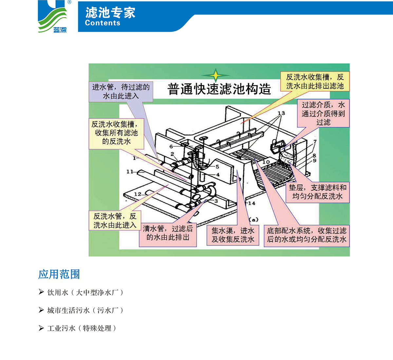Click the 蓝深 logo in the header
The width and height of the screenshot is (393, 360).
(x=53, y=17)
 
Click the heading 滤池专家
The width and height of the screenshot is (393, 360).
(x=110, y=12)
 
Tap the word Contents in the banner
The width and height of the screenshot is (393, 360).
(x=103, y=23)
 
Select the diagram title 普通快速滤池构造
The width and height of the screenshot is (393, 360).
(x=219, y=89)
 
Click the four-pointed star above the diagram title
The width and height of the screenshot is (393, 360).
(x=215, y=75)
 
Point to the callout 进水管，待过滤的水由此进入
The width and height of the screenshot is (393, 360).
(x=121, y=92)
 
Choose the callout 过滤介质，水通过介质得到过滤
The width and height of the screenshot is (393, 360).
(x=323, y=113)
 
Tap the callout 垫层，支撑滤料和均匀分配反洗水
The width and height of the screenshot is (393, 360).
(x=317, y=192)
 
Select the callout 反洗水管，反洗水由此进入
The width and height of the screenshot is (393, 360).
(x=115, y=221)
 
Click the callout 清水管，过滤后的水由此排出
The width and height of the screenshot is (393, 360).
(x=168, y=233)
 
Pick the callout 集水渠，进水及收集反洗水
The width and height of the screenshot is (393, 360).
(x=233, y=235)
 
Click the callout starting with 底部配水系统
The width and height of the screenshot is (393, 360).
(x=307, y=235)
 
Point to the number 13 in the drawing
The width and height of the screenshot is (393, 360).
(x=281, y=113)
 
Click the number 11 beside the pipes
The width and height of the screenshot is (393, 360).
(x=130, y=171)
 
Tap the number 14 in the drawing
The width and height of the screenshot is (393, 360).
(x=251, y=203)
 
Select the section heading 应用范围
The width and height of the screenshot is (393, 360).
(x=59, y=274)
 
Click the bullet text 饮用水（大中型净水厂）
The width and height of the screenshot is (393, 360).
(x=85, y=293)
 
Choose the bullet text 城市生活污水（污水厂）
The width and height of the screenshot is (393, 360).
(x=85, y=310)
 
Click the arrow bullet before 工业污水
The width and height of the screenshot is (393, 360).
(x=41, y=328)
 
